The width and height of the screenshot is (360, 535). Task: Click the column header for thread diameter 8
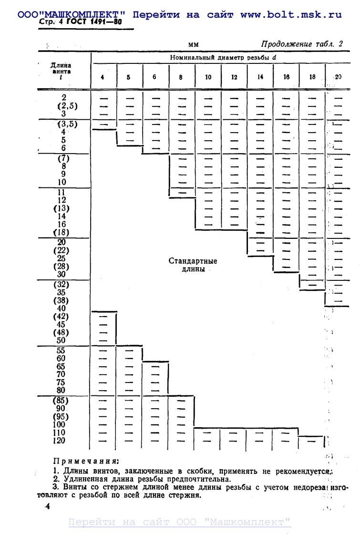181,77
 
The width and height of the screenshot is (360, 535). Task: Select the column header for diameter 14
260,77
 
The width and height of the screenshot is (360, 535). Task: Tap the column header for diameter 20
338,77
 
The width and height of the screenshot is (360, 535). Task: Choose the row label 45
61,325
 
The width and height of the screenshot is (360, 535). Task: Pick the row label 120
60,441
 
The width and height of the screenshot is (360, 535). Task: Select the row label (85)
61,401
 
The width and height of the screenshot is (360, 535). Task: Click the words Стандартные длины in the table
193,265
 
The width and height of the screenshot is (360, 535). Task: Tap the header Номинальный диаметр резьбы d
224,58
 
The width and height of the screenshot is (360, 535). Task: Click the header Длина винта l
62,70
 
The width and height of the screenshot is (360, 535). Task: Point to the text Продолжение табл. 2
302,44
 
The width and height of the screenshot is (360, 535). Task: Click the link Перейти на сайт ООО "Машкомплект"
180,522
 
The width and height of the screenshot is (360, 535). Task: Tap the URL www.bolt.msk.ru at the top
291,14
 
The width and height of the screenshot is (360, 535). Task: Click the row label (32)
61,285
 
